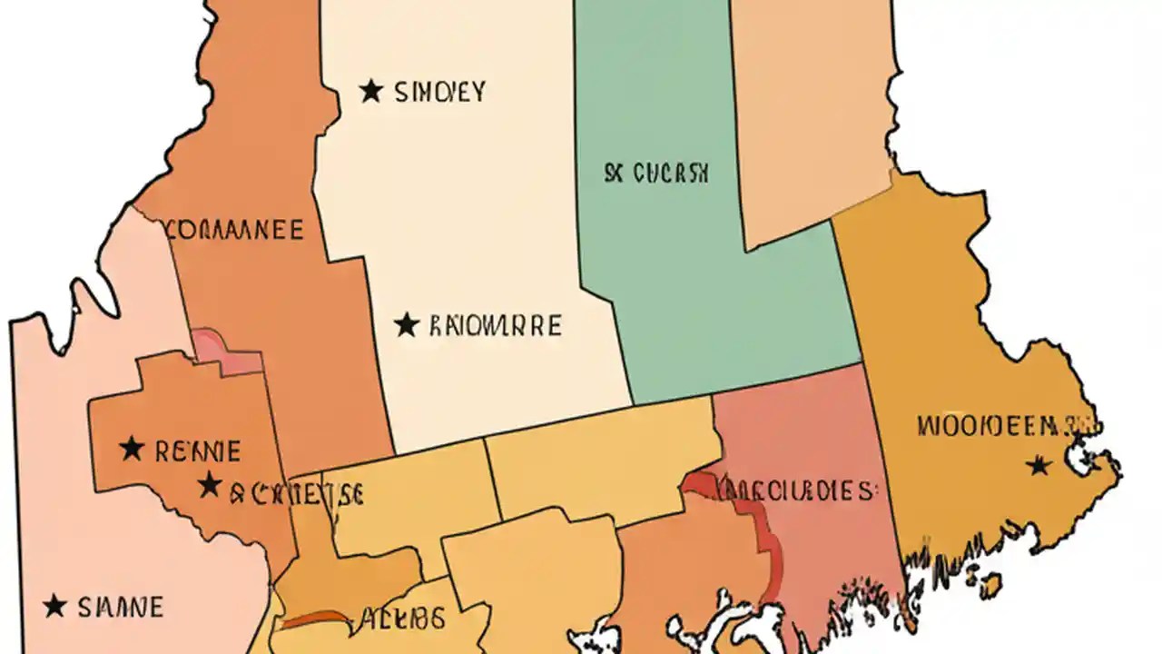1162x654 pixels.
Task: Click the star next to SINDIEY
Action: click(x=370, y=91)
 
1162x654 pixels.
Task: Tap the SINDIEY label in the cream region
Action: click(x=440, y=91)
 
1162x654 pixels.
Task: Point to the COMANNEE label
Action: click(x=234, y=229)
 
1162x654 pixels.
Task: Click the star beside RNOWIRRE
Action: click(x=407, y=324)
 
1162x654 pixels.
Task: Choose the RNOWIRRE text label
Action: click(x=494, y=325)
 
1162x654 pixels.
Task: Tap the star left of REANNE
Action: click(x=133, y=448)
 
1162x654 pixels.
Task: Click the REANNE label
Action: click(x=198, y=450)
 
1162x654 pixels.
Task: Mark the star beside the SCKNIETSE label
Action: click(x=210, y=484)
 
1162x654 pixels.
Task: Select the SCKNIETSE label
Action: click(x=296, y=493)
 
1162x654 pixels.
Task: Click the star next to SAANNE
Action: click(x=55, y=605)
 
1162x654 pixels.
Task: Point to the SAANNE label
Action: click(x=120, y=606)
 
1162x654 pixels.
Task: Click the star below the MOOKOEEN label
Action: click(x=1039, y=466)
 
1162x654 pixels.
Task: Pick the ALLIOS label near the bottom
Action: click(x=404, y=619)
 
